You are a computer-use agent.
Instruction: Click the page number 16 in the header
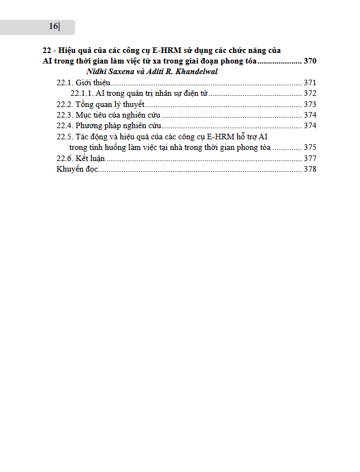click(x=53, y=26)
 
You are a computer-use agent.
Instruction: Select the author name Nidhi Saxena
click(x=109, y=71)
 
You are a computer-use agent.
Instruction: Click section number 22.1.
click(x=65, y=82)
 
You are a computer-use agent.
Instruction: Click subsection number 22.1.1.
click(x=81, y=93)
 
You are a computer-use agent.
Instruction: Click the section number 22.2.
click(x=65, y=104)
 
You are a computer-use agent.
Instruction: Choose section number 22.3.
click(x=65, y=115)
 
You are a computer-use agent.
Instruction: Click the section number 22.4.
click(x=65, y=125)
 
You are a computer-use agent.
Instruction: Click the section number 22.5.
click(x=65, y=137)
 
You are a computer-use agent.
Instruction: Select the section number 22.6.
click(x=65, y=158)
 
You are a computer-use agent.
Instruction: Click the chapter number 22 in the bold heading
click(x=47, y=50)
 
